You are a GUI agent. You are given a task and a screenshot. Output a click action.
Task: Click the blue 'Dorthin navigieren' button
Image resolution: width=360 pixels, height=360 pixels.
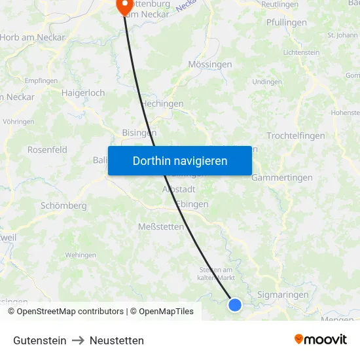pyautogui.click(x=180, y=160)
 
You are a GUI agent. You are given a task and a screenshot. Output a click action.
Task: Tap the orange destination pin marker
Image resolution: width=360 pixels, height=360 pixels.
pyautogui.click(x=124, y=6)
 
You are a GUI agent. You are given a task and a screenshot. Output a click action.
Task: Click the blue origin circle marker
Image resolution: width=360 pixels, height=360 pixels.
pyautogui.click(x=235, y=304)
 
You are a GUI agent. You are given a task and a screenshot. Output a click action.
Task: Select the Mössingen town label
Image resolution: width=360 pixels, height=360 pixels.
pyautogui.click(x=209, y=65)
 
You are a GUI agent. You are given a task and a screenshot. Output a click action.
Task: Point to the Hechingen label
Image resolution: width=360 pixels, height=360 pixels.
pyautogui.click(x=162, y=103)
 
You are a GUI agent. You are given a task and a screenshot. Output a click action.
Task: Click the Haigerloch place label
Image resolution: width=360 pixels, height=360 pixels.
pyautogui.click(x=83, y=93)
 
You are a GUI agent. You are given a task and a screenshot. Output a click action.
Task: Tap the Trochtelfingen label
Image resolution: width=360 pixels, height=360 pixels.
pyautogui.click(x=296, y=136)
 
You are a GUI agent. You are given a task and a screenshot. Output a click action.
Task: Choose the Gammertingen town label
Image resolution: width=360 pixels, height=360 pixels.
pyautogui.click(x=282, y=177)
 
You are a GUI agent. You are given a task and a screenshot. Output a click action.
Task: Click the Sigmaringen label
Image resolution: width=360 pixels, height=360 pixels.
pyautogui.click(x=283, y=295)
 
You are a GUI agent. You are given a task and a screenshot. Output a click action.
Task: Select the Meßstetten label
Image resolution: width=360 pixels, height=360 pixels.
pyautogui.click(x=161, y=226)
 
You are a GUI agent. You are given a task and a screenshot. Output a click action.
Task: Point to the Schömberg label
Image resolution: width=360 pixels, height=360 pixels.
pyautogui.click(x=63, y=206)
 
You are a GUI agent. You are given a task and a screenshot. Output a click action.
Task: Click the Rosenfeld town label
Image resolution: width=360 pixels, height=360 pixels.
pyautogui.click(x=47, y=150)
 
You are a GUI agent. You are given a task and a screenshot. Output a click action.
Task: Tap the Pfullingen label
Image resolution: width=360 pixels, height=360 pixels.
pyautogui.click(x=287, y=23)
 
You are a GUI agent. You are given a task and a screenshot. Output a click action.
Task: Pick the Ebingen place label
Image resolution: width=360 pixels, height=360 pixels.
pyautogui.click(x=192, y=204)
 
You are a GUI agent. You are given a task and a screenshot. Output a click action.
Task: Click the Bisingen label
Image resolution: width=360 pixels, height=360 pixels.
pyautogui.click(x=139, y=132)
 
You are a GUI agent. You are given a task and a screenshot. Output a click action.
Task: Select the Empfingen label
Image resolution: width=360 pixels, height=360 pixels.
pyautogui.click(x=41, y=81)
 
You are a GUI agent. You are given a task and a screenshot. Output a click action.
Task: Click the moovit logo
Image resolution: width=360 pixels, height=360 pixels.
pyautogui.click(x=321, y=339)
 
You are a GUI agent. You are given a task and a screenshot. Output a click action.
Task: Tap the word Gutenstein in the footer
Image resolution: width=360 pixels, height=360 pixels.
pyautogui.click(x=40, y=340)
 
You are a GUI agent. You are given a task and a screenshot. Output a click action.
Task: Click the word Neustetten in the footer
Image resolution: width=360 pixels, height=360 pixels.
pyautogui.click(x=117, y=340)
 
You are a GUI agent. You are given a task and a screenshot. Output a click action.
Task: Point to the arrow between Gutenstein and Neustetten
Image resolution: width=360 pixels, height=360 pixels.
pyautogui.click(x=78, y=340)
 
